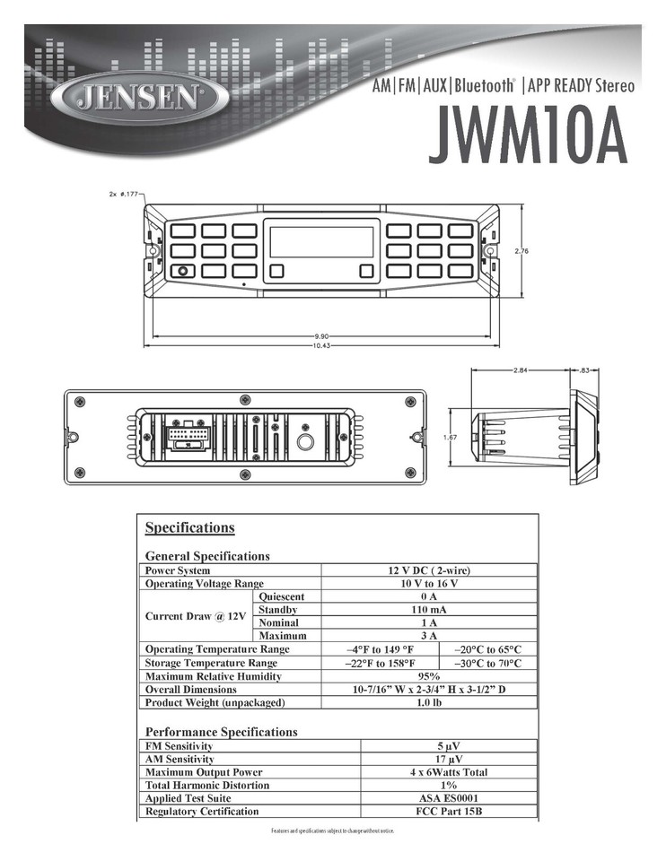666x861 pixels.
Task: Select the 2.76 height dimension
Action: [x=521, y=251]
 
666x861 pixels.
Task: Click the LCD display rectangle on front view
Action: [x=320, y=242]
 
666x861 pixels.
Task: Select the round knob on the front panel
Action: [x=182, y=271]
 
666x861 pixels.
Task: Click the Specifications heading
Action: [x=189, y=527]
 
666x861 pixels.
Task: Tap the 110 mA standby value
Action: [x=428, y=610]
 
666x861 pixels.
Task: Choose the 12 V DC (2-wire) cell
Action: [x=428, y=570]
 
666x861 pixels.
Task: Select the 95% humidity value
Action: [x=428, y=676]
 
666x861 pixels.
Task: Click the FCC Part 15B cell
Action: [x=448, y=812]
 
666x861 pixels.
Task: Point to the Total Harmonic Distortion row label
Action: [x=206, y=786]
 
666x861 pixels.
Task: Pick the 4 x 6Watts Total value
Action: [x=448, y=772]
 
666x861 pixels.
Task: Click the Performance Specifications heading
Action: [x=221, y=732]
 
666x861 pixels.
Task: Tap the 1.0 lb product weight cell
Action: [x=428, y=702]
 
